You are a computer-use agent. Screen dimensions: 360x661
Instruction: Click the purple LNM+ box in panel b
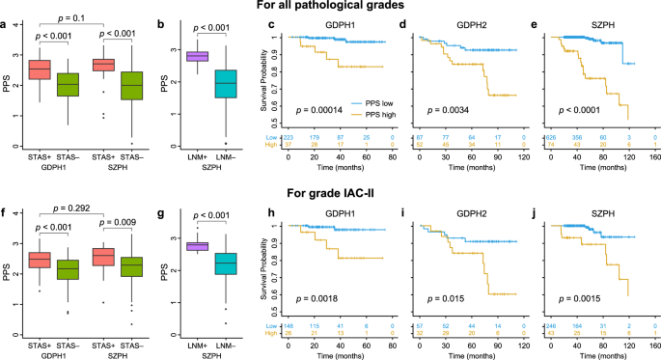click(198, 56)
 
